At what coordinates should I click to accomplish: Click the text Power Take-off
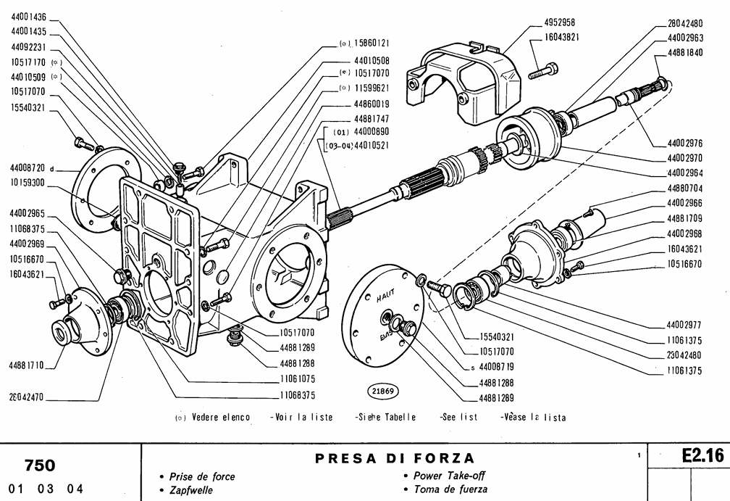pos(448,476)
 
